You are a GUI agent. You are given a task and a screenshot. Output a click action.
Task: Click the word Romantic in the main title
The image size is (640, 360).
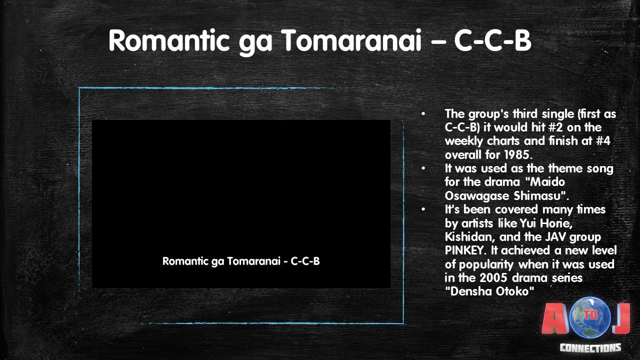pyautogui.click(x=169, y=40)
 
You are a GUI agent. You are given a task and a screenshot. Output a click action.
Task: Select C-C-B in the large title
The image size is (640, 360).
pyautogui.click(x=492, y=40)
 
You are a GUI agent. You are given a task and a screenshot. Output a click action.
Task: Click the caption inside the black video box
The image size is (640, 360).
pyautogui.click(x=241, y=261)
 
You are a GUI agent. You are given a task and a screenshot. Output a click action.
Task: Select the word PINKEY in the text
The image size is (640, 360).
pyautogui.click(x=465, y=250)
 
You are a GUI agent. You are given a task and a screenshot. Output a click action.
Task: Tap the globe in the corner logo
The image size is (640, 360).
pyautogui.click(x=590, y=317)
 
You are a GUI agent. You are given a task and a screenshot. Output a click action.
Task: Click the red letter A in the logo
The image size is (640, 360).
pyautogui.click(x=555, y=318)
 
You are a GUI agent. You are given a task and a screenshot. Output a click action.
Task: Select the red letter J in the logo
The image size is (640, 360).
pyautogui.click(x=621, y=318)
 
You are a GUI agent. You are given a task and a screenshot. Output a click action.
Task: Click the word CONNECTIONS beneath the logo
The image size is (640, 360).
pyautogui.click(x=590, y=347)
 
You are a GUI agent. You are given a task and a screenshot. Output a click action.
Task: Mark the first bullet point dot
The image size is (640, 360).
pyautogui.click(x=423, y=114)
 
